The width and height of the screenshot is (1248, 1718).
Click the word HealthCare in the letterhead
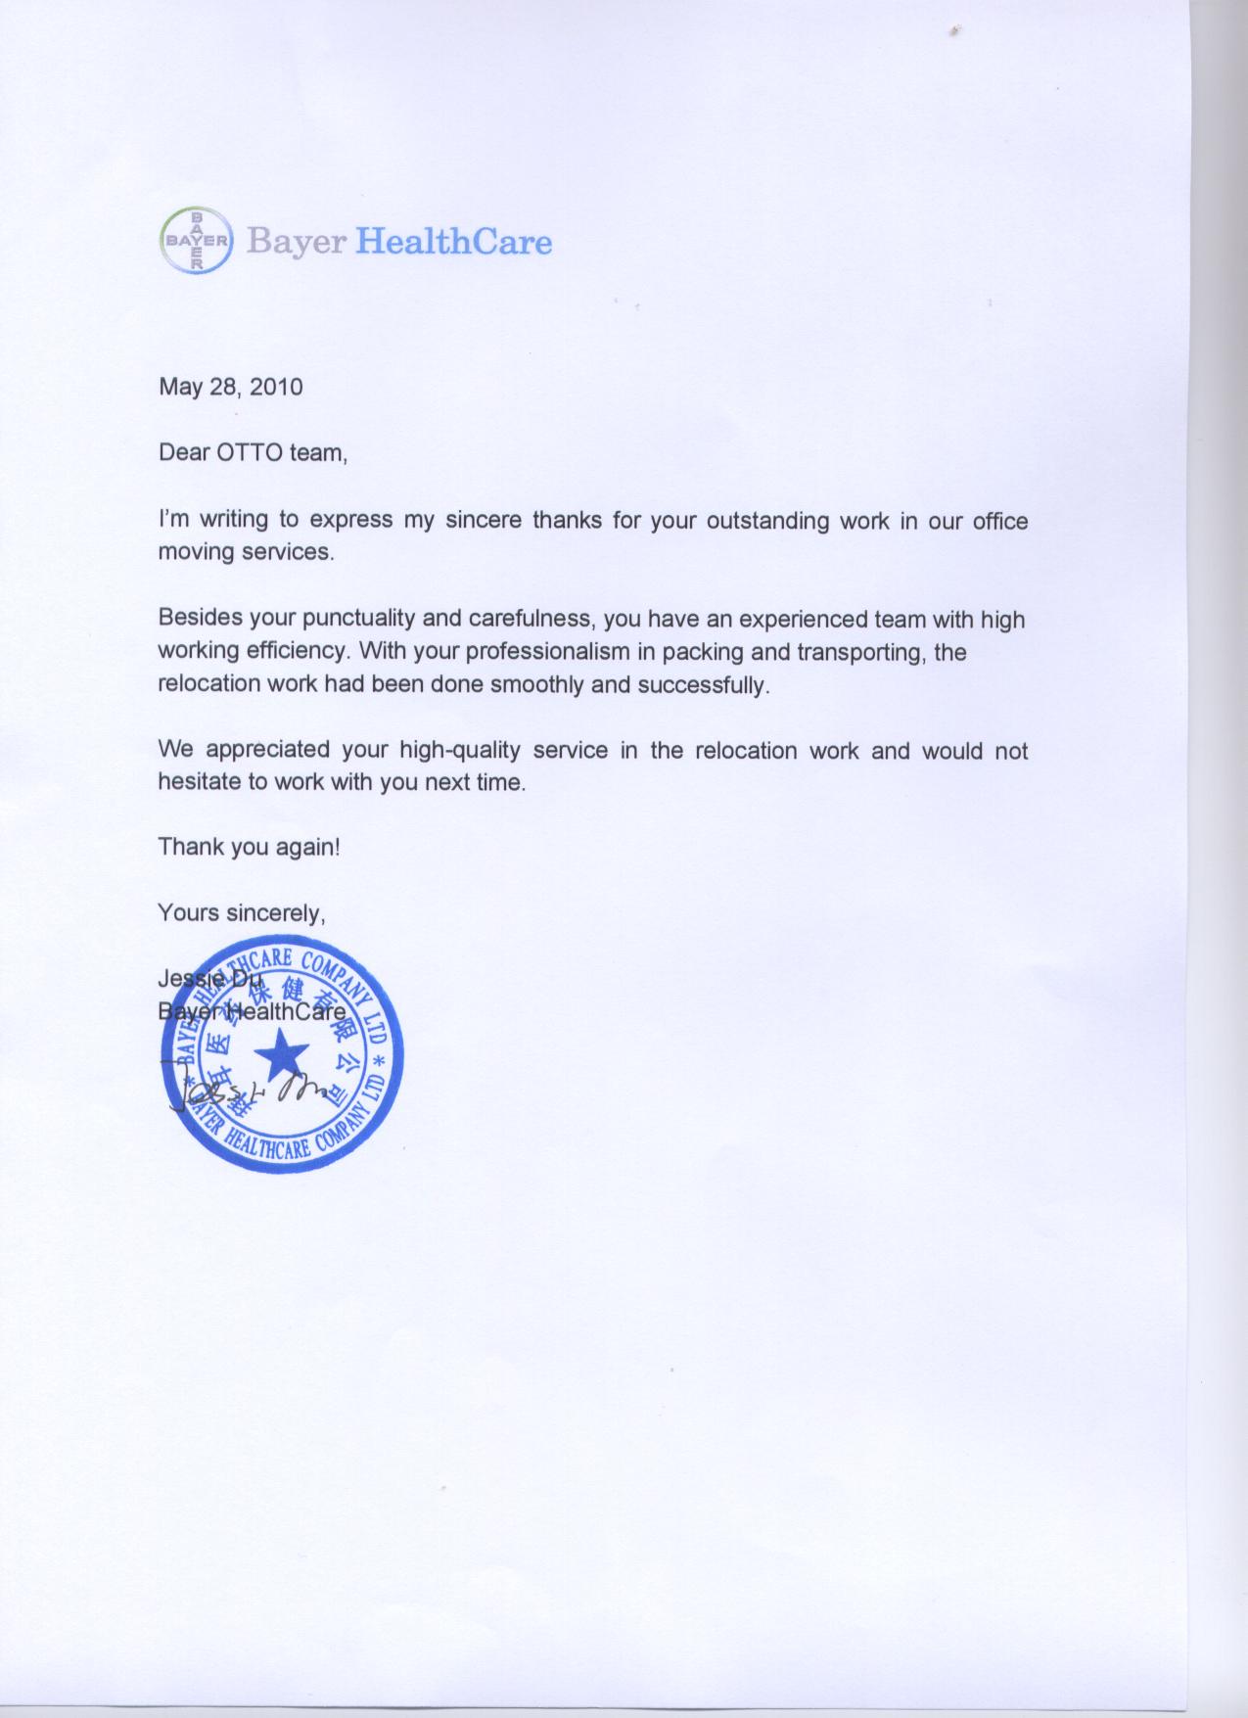[x=452, y=241]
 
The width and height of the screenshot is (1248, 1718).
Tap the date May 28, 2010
[x=231, y=387]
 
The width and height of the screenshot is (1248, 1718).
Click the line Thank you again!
[x=250, y=847]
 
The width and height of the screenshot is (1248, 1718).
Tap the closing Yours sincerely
[x=241, y=913]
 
